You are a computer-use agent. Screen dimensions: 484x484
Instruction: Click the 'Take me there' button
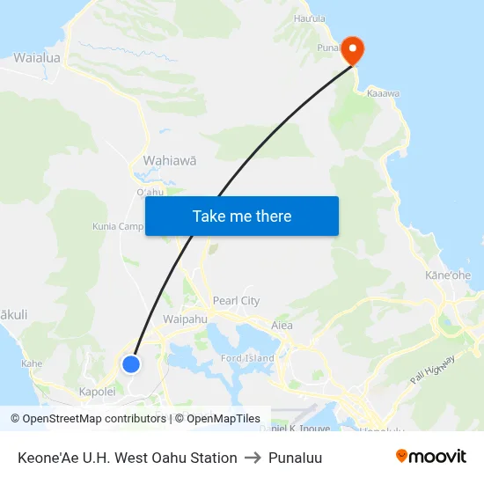pyautogui.click(x=242, y=216)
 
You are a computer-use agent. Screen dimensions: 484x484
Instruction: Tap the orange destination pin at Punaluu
pyautogui.click(x=351, y=49)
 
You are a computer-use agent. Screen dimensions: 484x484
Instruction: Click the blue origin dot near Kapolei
pyautogui.click(x=131, y=363)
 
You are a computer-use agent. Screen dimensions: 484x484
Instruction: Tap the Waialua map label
pyautogui.click(x=37, y=58)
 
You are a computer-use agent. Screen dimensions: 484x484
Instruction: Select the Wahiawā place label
pyautogui.click(x=169, y=161)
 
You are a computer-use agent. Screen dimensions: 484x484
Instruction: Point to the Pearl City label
pyautogui.click(x=236, y=300)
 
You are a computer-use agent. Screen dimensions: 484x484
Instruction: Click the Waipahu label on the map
pyautogui.click(x=185, y=319)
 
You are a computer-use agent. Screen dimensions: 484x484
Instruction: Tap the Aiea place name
pyautogui.click(x=282, y=325)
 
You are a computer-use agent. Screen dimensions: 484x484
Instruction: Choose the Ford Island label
pyautogui.click(x=247, y=358)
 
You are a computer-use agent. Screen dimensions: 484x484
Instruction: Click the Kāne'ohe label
pyautogui.click(x=448, y=275)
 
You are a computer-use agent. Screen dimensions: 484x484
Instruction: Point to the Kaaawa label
pyautogui.click(x=383, y=92)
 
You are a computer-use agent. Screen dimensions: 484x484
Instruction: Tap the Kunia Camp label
pyautogui.click(x=117, y=226)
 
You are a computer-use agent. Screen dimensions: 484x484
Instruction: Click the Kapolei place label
pyautogui.click(x=97, y=391)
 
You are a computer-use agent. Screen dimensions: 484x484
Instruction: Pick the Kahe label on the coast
pyautogui.click(x=32, y=363)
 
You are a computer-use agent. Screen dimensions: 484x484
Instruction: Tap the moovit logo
pyautogui.click(x=430, y=457)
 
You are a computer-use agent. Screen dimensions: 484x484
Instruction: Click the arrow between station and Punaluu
pyautogui.click(x=253, y=458)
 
